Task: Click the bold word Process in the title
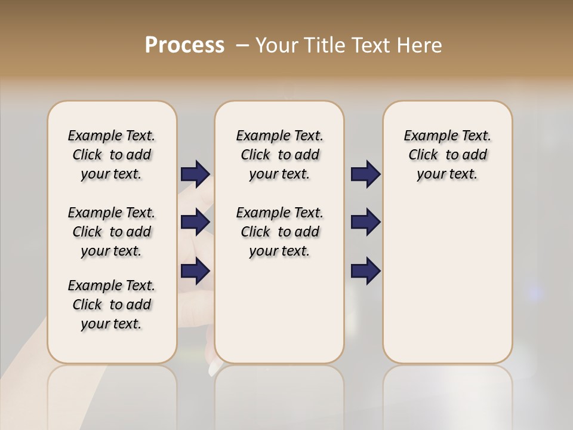(x=184, y=45)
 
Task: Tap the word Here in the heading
(x=420, y=45)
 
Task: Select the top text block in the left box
(x=112, y=155)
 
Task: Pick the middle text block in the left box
(x=112, y=232)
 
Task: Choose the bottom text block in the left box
(x=112, y=305)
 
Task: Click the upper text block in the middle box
(x=279, y=155)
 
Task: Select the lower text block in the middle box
(x=279, y=232)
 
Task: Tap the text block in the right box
(x=447, y=155)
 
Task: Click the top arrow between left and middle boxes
(x=195, y=174)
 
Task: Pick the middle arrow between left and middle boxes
(x=195, y=222)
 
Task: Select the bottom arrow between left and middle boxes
(x=195, y=271)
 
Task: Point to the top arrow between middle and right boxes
(x=365, y=174)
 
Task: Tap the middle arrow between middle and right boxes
(x=365, y=222)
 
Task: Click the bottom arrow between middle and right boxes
(x=365, y=271)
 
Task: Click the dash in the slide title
(x=242, y=45)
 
